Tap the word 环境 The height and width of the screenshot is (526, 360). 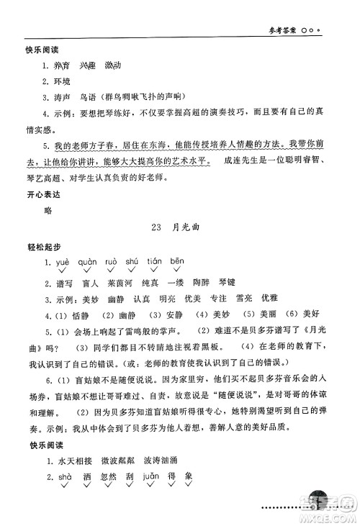pyautogui.click(x=63, y=81)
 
